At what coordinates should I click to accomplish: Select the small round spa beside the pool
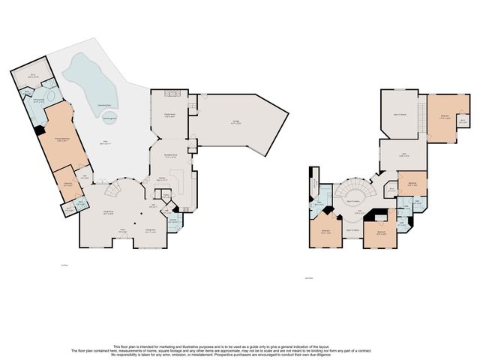click(109, 118)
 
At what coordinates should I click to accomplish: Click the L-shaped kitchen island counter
click(178, 180)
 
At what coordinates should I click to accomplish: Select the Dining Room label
click(150, 229)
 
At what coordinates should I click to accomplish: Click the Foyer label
click(123, 233)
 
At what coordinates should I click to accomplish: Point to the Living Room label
click(109, 212)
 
